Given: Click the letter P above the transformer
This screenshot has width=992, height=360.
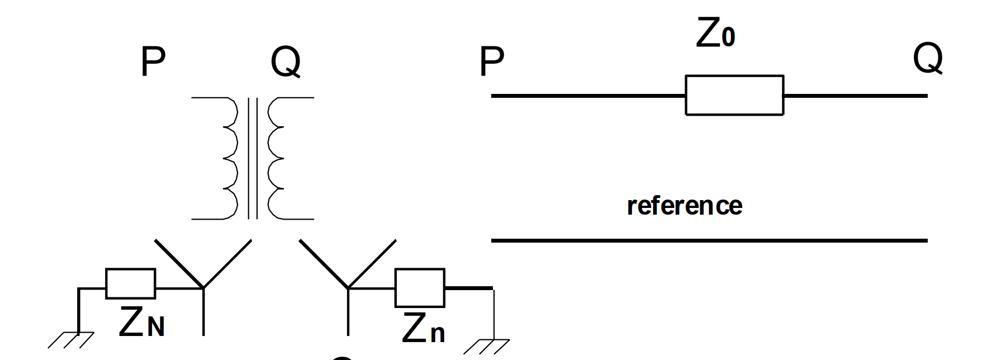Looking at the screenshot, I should pyautogui.click(x=153, y=63).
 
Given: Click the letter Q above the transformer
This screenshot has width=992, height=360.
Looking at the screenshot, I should pyautogui.click(x=285, y=63).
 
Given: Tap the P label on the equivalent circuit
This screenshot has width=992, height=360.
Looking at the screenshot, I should pyautogui.click(x=491, y=63).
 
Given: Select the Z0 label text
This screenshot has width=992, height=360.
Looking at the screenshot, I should pyautogui.click(x=715, y=35).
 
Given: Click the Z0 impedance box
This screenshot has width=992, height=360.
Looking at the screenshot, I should pyautogui.click(x=734, y=96).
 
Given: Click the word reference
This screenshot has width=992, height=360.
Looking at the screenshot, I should pyautogui.click(x=684, y=206).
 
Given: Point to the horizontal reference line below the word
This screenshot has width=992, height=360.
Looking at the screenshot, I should pyautogui.click(x=709, y=241).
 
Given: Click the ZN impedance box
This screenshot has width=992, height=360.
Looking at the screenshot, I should pyautogui.click(x=131, y=283).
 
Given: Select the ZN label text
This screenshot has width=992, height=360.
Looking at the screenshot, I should pyautogui.click(x=142, y=323).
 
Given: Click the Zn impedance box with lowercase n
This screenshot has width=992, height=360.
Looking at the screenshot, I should pyautogui.click(x=420, y=288).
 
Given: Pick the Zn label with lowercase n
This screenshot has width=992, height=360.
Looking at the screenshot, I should pyautogui.click(x=424, y=328).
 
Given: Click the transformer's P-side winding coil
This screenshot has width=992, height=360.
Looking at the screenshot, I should pyautogui.click(x=229, y=159).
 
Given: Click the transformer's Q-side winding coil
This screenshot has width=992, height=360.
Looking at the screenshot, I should pyautogui.click(x=276, y=159).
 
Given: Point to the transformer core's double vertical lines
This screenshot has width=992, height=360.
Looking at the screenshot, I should pyautogui.click(x=253, y=159).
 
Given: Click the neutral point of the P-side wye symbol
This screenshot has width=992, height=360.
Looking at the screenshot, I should pyautogui.click(x=203, y=288).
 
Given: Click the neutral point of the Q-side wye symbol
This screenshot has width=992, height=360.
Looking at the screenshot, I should pyautogui.click(x=348, y=288).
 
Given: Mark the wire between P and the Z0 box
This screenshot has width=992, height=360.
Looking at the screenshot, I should pyautogui.click(x=587, y=96).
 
